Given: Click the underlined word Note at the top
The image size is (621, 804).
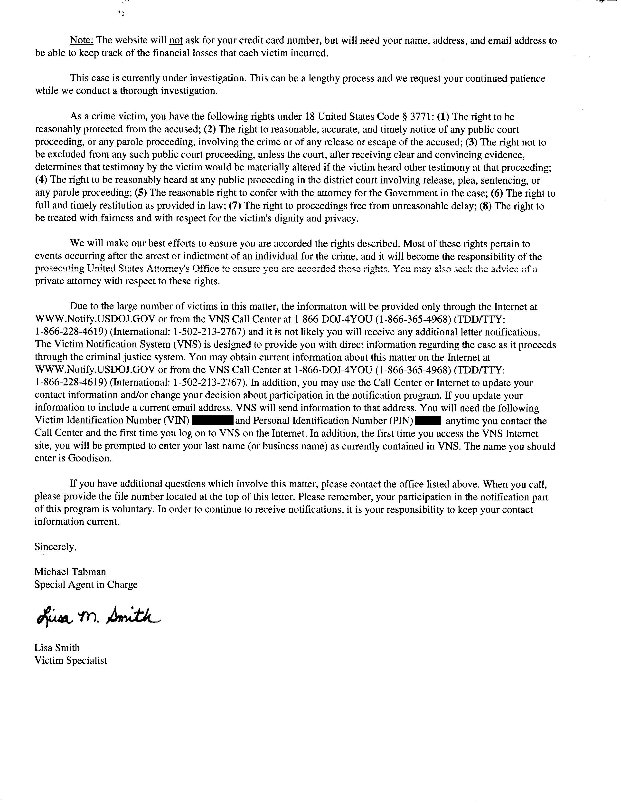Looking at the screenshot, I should click(x=82, y=40).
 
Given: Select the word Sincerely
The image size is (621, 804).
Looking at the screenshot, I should click(x=56, y=547).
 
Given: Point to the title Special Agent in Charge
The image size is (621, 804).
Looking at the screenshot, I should click(x=86, y=584).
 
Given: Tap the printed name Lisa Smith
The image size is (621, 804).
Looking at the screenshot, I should click(x=57, y=648).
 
